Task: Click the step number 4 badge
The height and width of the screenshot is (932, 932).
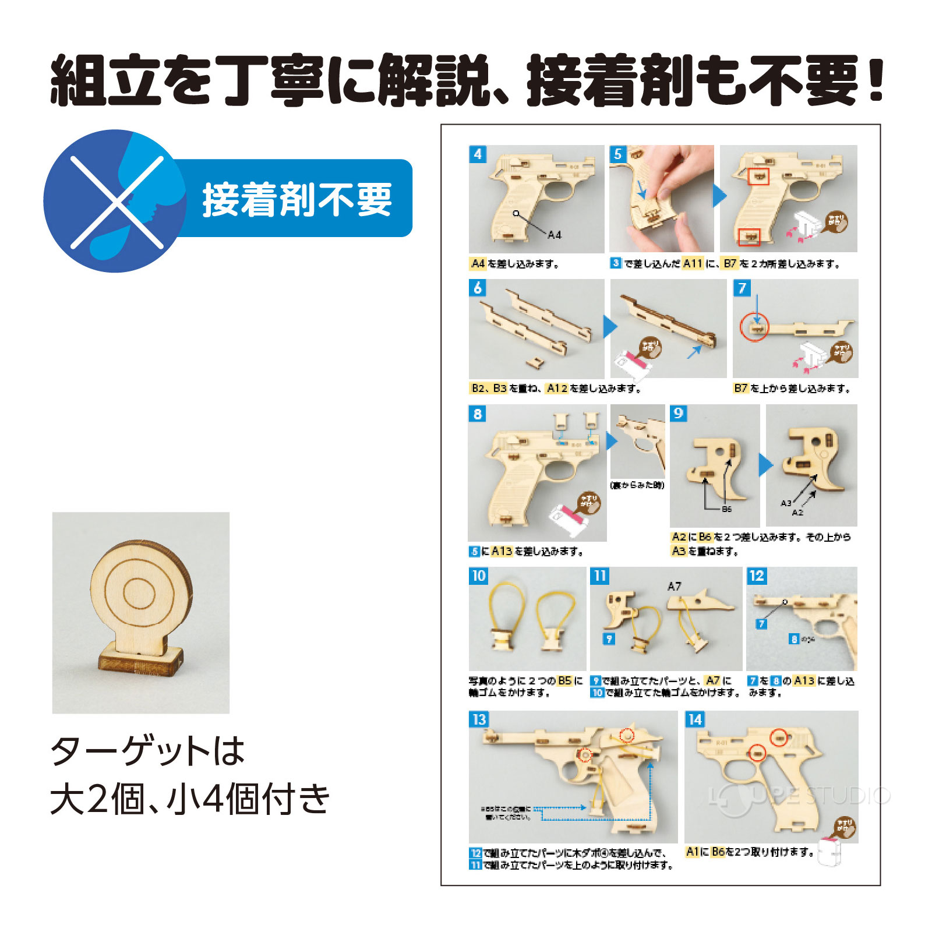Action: (x=478, y=154)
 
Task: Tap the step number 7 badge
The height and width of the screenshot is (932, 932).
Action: (x=742, y=288)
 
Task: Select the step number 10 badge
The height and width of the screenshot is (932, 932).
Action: (x=478, y=576)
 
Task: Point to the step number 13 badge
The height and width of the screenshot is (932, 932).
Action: (x=478, y=719)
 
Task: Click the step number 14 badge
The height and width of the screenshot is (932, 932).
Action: (x=694, y=719)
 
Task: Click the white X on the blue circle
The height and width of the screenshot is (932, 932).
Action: (x=116, y=202)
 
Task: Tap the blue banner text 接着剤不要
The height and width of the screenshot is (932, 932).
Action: (x=297, y=199)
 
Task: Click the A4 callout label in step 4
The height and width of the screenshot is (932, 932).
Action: (x=554, y=235)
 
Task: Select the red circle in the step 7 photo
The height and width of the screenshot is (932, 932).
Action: (x=754, y=327)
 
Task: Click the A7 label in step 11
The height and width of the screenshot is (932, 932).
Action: (x=674, y=586)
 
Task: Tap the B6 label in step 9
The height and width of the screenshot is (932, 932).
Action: (x=726, y=509)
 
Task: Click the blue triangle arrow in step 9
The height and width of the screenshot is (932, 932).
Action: (x=765, y=465)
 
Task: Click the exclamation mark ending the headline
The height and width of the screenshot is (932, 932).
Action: (x=874, y=80)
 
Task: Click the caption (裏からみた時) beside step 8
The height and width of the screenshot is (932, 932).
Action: (x=637, y=485)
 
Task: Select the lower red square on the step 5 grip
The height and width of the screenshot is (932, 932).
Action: (x=749, y=236)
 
